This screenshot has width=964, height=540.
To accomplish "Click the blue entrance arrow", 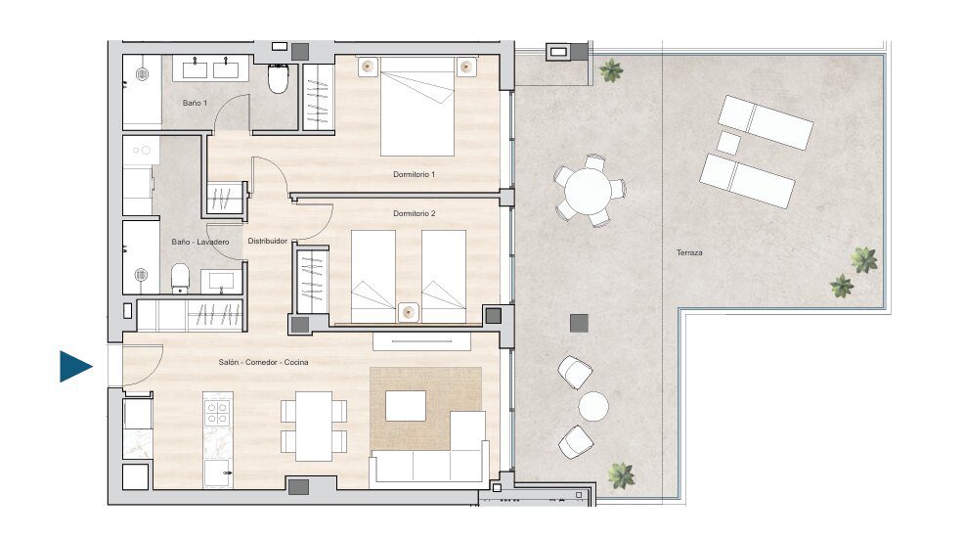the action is point(75,367).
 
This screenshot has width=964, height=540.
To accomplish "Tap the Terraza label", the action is point(689,252).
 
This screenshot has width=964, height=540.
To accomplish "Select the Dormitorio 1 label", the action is point(414,175).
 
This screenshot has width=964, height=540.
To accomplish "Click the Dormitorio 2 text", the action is point(414,214).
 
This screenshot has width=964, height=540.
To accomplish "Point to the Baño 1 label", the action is point(195,103).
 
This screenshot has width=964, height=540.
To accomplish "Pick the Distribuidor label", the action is point(268,241).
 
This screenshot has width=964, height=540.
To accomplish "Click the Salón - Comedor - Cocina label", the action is point(263,362).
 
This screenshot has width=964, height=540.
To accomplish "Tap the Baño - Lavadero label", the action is point(199,243).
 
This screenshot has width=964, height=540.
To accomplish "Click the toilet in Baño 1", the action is point(278,77).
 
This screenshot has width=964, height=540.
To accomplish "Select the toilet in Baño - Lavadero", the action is point(180,279).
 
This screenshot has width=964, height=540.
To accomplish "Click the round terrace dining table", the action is point(589,191).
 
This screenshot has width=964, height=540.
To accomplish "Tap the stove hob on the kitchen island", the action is point(218,412).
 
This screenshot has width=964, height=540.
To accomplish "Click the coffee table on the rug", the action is point(405,406).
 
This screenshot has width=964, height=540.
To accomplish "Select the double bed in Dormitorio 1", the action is point(416,106).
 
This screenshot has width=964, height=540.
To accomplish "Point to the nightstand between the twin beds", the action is point(409,312).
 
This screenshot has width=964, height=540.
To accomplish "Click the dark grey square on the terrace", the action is point(579,323).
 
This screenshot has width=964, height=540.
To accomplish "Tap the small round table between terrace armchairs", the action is point(593,407).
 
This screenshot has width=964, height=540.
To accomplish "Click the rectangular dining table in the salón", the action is point(314,427).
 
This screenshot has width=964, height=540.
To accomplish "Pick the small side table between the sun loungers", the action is point(728,143).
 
